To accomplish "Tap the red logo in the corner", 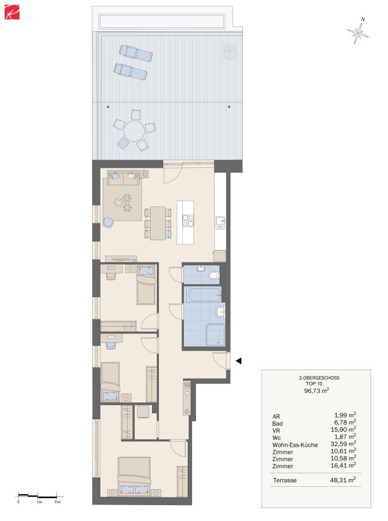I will tap(12, 13).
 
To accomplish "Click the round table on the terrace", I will tap(134, 130).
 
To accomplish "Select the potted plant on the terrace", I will tap(229, 49).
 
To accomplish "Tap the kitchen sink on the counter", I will tap(220, 223).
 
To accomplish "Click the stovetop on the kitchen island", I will tap(188, 220).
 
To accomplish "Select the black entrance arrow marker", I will tap(238, 360).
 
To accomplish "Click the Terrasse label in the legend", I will tap(284, 480).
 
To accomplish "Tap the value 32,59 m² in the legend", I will tap(345, 444).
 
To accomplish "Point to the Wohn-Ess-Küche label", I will tap(295, 445).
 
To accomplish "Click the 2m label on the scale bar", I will tap(57, 502).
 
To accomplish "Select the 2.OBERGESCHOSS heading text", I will tap(316, 377).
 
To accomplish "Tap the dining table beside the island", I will tap(157, 222).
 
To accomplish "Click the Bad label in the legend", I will tap(277, 423).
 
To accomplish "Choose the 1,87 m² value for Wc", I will tap(345, 437).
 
